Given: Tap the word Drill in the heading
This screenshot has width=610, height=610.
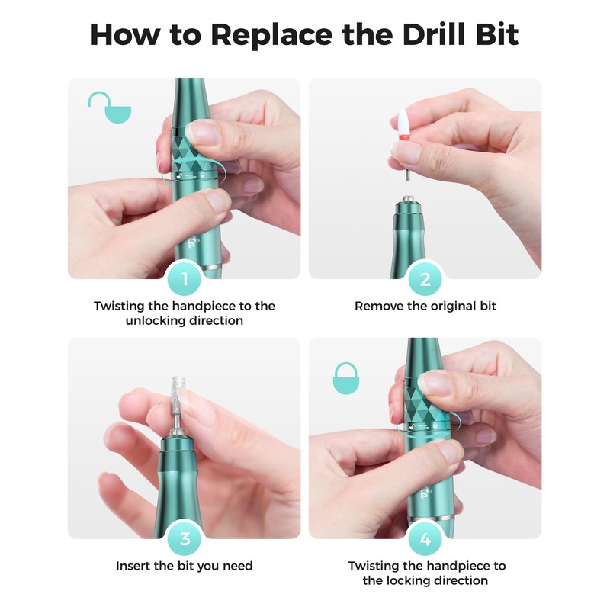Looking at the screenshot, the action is click(x=435, y=34).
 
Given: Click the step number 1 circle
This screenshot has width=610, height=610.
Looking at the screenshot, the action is click(x=185, y=279).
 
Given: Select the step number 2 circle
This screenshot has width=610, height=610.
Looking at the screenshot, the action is click(x=425, y=279).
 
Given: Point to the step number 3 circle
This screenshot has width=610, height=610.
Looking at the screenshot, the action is click(x=185, y=539).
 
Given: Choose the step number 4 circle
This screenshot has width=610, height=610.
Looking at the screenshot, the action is click(x=425, y=539).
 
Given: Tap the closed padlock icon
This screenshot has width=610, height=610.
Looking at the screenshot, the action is click(x=346, y=378).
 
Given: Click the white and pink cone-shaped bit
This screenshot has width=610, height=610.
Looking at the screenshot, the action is click(x=403, y=124).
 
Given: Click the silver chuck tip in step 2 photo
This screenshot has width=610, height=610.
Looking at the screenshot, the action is click(x=408, y=199).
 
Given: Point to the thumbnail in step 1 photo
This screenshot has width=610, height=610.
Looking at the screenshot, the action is click(x=202, y=130).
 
